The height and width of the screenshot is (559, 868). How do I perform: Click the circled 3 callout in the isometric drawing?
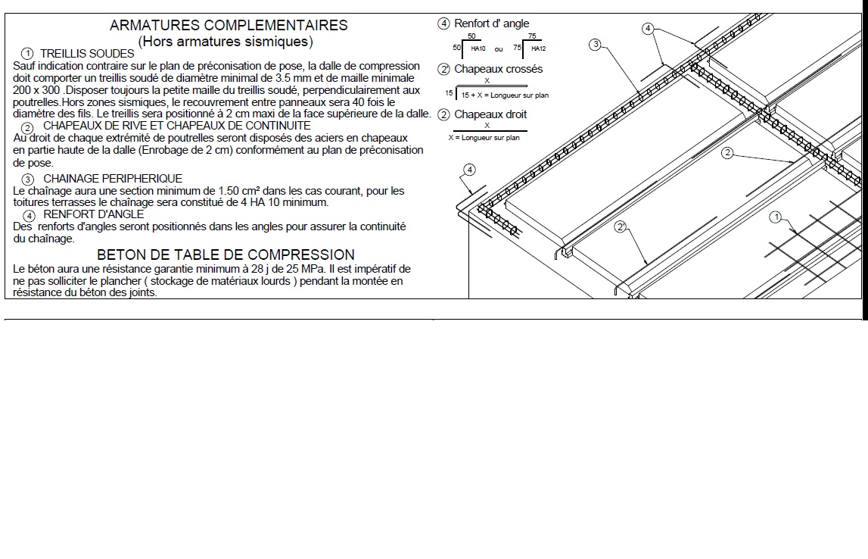coord(596,44)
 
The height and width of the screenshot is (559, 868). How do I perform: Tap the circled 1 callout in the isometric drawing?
coord(774,217)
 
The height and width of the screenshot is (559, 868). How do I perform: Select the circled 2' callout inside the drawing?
coord(621,226)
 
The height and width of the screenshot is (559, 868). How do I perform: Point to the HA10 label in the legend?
coord(478,48)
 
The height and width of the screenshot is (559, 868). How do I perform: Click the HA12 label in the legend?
coord(538,48)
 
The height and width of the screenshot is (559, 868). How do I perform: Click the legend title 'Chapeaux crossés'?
coord(498,69)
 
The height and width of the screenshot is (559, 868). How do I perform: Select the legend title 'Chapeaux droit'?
coord(490,114)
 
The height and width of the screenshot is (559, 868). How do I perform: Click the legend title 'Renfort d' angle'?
coord(491,23)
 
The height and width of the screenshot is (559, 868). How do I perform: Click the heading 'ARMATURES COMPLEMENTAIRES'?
coord(229,25)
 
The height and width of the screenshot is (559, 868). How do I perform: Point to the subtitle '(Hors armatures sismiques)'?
coord(226,41)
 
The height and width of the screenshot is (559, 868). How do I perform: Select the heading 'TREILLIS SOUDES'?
coord(87,54)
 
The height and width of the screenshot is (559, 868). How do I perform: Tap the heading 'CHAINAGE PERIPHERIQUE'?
coord(113,179)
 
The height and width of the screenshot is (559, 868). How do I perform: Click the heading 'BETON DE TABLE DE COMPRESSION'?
coord(226,255)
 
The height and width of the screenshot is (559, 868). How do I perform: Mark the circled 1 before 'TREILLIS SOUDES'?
coord(27,55)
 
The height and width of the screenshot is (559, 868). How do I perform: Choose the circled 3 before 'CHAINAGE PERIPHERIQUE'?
coord(28,180)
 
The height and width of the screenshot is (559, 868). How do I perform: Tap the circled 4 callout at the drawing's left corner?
coord(469,169)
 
